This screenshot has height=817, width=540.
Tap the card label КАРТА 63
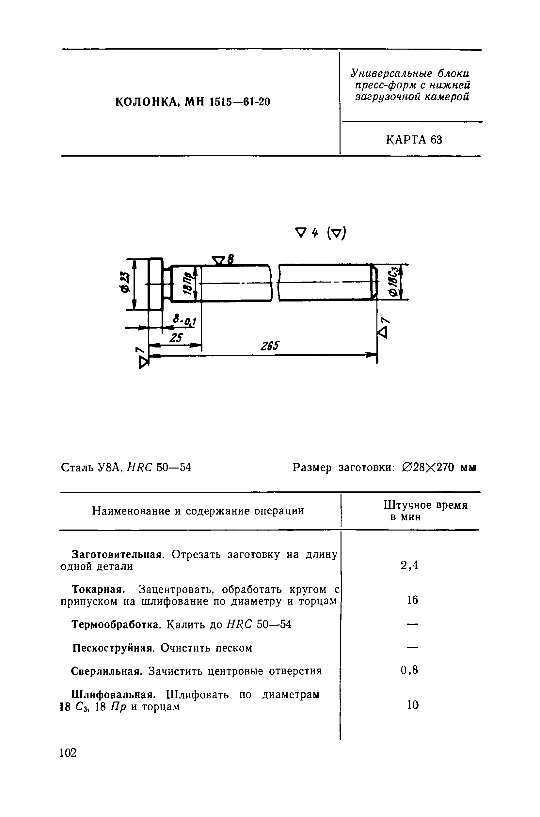[414, 140]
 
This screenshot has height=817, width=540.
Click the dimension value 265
[270, 346]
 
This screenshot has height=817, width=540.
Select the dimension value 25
[176, 338]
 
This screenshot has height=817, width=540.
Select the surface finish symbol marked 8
[222, 259]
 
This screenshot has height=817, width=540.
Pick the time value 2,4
[409, 565]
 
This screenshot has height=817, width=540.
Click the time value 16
[412, 600]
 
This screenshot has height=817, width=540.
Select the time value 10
[413, 705]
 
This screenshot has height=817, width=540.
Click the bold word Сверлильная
[106, 671]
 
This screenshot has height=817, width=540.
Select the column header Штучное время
[426, 505]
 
